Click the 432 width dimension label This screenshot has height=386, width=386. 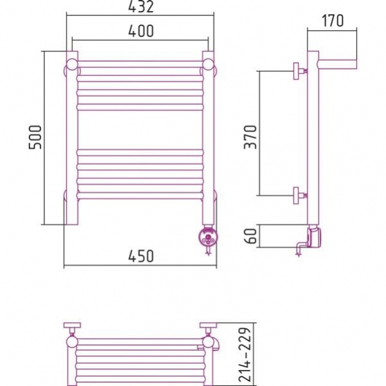tap(141, 6)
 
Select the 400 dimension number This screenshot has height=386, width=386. tap(141, 31)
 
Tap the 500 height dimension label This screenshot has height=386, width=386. tap(35, 137)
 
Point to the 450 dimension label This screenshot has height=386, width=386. tap(141, 256)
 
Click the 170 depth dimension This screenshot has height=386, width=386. tap(333, 21)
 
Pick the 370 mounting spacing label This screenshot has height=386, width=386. tap(250, 137)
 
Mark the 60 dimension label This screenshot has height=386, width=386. tap(251, 236)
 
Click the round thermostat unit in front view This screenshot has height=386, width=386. tap(208, 237)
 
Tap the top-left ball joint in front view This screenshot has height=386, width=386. tap(71, 65)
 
